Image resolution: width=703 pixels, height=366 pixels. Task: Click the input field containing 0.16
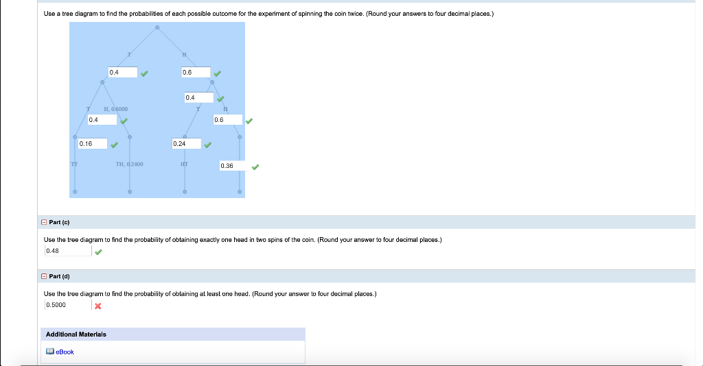[x=92, y=144]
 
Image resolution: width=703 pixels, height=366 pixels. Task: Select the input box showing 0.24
[x=186, y=144]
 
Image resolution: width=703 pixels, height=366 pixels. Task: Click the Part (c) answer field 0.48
[x=67, y=251]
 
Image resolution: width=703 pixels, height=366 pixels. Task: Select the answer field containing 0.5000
[x=67, y=305]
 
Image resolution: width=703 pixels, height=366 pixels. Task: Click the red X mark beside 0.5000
[x=98, y=306]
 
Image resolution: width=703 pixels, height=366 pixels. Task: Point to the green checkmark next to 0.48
[x=99, y=252]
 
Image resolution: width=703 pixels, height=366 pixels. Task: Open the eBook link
[x=65, y=352]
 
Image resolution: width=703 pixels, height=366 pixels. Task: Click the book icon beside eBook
[x=49, y=352]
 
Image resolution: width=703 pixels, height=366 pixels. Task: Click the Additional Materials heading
[x=76, y=334]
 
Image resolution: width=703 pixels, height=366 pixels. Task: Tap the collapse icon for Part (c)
[x=45, y=222]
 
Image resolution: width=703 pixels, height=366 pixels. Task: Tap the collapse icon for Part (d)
[x=45, y=276]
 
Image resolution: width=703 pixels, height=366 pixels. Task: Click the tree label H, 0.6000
[x=115, y=109]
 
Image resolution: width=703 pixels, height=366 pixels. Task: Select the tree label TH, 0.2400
[x=129, y=164]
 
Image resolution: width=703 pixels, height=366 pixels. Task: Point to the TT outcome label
[x=74, y=164]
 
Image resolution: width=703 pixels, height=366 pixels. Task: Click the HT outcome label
[x=184, y=164]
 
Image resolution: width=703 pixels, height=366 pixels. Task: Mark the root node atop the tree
[x=157, y=28]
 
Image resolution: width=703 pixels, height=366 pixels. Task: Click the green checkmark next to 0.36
[x=255, y=167]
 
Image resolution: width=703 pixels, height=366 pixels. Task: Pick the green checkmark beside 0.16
[x=115, y=145]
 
